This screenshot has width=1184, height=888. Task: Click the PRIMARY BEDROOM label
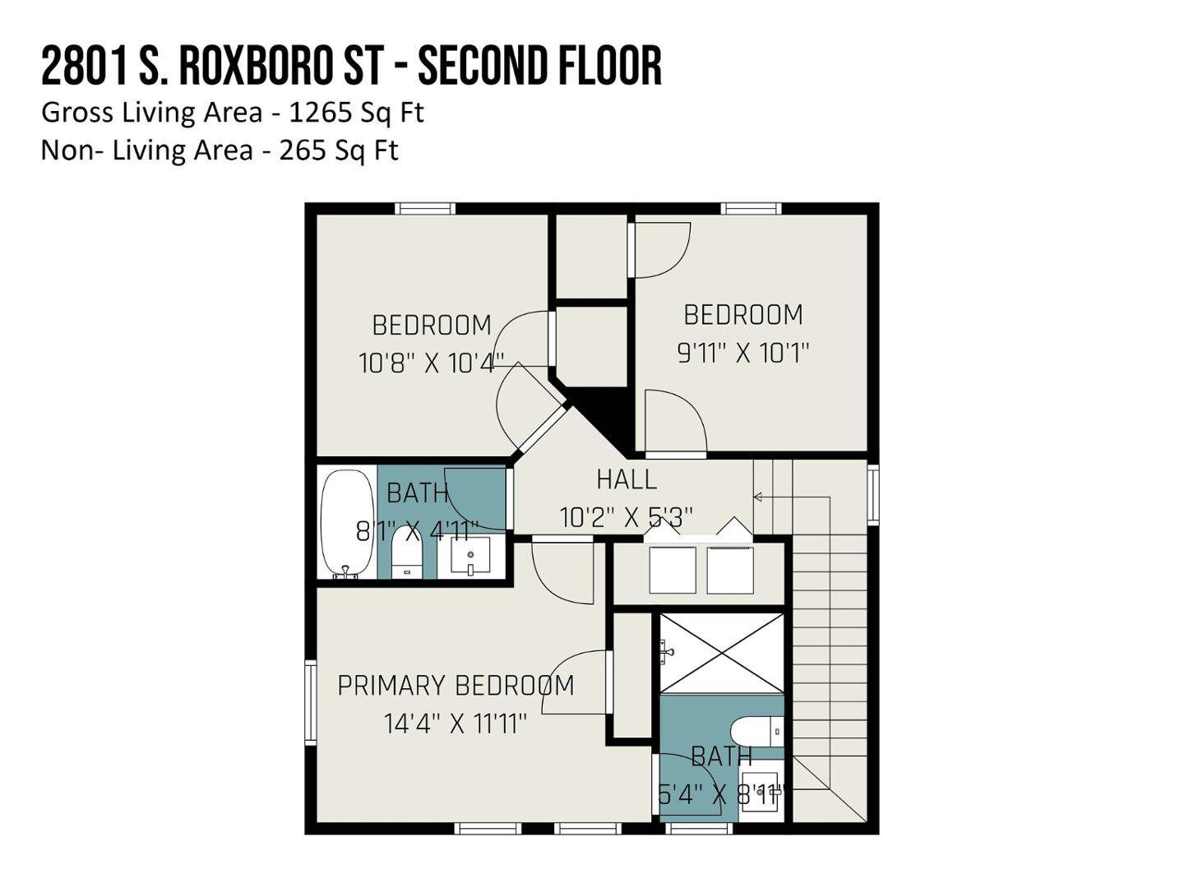(x=456, y=685)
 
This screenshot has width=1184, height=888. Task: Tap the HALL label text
(x=627, y=479)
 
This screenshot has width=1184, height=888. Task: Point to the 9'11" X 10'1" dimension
(x=743, y=354)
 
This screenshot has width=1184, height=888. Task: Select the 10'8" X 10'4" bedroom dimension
(x=431, y=363)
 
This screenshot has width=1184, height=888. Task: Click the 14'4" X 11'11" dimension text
(x=455, y=724)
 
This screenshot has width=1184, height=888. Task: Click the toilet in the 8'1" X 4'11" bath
(x=405, y=553)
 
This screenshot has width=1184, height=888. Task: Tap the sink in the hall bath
(x=471, y=555)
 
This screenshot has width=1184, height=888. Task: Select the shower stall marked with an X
(x=722, y=654)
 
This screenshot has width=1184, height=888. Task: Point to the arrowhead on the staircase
(x=757, y=497)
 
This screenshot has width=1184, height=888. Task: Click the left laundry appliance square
(x=672, y=570)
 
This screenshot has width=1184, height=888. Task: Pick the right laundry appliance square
(x=730, y=570)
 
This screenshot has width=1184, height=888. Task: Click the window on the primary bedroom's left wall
(x=311, y=702)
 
